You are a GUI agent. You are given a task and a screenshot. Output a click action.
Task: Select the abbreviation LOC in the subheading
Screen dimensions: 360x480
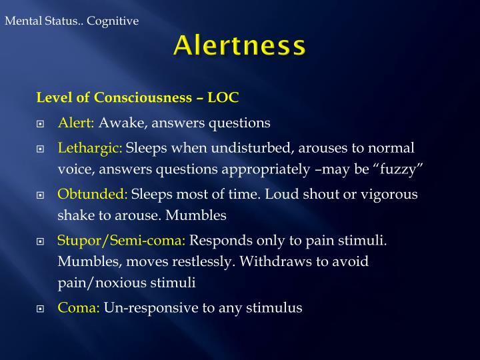click(x=223, y=97)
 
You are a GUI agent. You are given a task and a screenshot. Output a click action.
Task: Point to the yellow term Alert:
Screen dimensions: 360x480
click(x=77, y=123)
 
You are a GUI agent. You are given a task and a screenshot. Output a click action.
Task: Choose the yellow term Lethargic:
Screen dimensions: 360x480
click(x=90, y=147)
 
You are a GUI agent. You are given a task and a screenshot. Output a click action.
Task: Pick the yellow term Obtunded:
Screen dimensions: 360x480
click(x=93, y=194)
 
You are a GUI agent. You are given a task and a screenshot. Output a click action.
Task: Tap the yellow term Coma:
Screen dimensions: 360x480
click(x=79, y=307)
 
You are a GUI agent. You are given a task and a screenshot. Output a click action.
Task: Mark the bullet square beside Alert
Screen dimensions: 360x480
click(x=41, y=124)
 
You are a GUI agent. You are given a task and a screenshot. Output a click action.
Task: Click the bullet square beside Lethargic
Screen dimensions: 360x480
click(x=41, y=149)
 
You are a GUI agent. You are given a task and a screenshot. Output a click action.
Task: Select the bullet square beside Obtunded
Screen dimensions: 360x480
click(x=41, y=195)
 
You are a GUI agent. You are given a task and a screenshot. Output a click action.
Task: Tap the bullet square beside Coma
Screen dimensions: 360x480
click(x=41, y=309)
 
